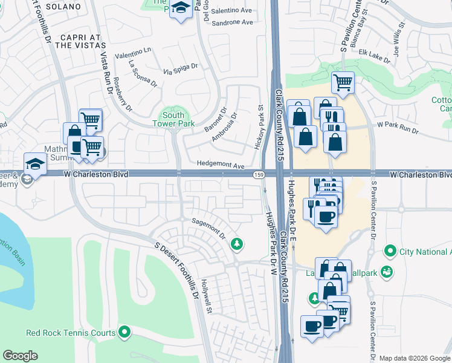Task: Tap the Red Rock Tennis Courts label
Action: [71, 332]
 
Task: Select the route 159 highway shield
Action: [257, 174]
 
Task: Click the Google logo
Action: [21, 356]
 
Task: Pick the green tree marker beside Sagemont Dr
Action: [238, 244]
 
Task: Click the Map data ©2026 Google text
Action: [414, 358]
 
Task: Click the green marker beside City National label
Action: [390, 250]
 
